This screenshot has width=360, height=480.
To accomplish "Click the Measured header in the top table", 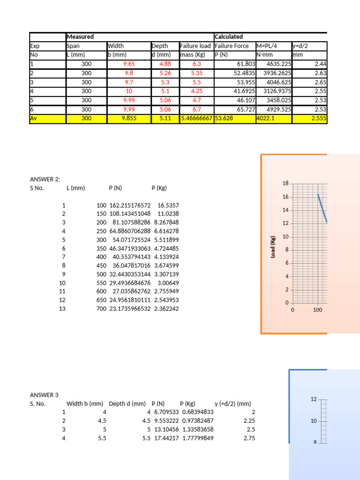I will point(80,37).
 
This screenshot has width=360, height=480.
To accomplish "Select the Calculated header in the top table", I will point(228,37).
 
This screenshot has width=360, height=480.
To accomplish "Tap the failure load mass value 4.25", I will point(196,91).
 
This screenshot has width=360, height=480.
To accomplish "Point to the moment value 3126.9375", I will point(272,91).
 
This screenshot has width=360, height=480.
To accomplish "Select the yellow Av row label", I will point(34,119).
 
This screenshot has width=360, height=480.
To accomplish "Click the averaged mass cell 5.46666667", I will point(196,119).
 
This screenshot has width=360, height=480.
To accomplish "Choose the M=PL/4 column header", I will point(269,46).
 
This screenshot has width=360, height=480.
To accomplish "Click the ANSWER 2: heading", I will point(45,179).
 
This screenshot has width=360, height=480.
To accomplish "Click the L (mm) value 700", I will point(101,309).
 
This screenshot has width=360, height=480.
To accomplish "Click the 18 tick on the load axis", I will point(285,183).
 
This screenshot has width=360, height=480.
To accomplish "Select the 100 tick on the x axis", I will point(317,310).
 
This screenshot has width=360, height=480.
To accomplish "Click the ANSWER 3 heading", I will point(44,395).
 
